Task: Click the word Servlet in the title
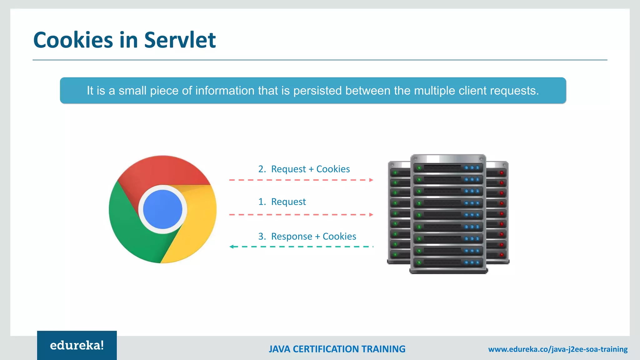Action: point(180,40)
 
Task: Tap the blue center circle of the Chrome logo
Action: point(162,209)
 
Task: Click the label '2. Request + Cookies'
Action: point(304,169)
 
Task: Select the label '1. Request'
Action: point(282,202)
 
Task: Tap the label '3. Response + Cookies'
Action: point(307,237)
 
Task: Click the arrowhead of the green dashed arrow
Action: point(232,247)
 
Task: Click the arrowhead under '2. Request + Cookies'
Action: point(371,180)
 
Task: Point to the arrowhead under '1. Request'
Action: point(371,215)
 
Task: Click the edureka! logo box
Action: point(77,345)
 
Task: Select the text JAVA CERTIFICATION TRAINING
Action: point(337,349)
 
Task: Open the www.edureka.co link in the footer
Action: point(558,349)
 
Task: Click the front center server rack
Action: point(448,214)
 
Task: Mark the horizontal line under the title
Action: point(320,60)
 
